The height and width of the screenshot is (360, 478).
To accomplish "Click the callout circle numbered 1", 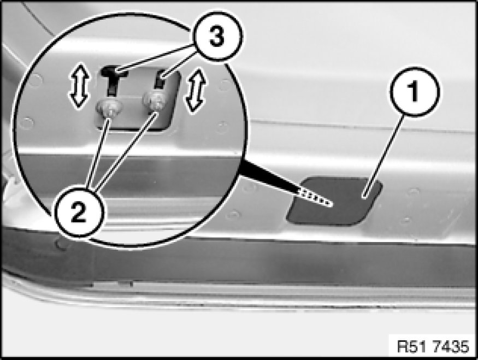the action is (415, 91).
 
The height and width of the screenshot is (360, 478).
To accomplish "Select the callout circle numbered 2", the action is (79, 212).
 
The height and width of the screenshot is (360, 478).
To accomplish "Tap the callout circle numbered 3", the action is (217, 36).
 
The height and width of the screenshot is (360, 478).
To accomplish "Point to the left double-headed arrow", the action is (79, 86).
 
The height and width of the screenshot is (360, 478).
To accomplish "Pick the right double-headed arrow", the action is (196, 91).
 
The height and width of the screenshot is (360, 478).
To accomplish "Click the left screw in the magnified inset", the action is (109, 109).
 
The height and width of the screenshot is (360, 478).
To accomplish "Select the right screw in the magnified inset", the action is (156, 101).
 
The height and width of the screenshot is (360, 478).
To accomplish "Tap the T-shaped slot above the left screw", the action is (114, 79).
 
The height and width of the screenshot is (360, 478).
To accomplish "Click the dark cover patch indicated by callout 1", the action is (334, 202).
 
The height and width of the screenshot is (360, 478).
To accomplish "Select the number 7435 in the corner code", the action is (451, 346).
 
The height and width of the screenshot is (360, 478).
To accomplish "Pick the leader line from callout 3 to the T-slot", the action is (155, 58).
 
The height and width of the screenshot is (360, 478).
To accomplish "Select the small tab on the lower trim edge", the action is (113, 284).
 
